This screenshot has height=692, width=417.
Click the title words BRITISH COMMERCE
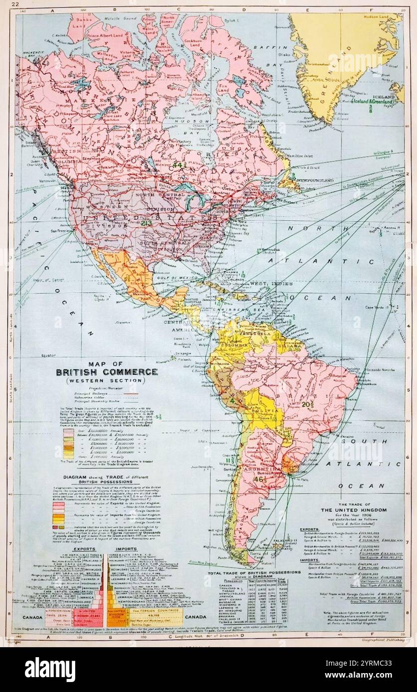coord(107,372)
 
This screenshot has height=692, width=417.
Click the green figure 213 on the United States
coord(146,224)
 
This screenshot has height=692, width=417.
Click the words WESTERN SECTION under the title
coord(107,381)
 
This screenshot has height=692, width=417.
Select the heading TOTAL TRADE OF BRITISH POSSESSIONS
coord(254,573)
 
